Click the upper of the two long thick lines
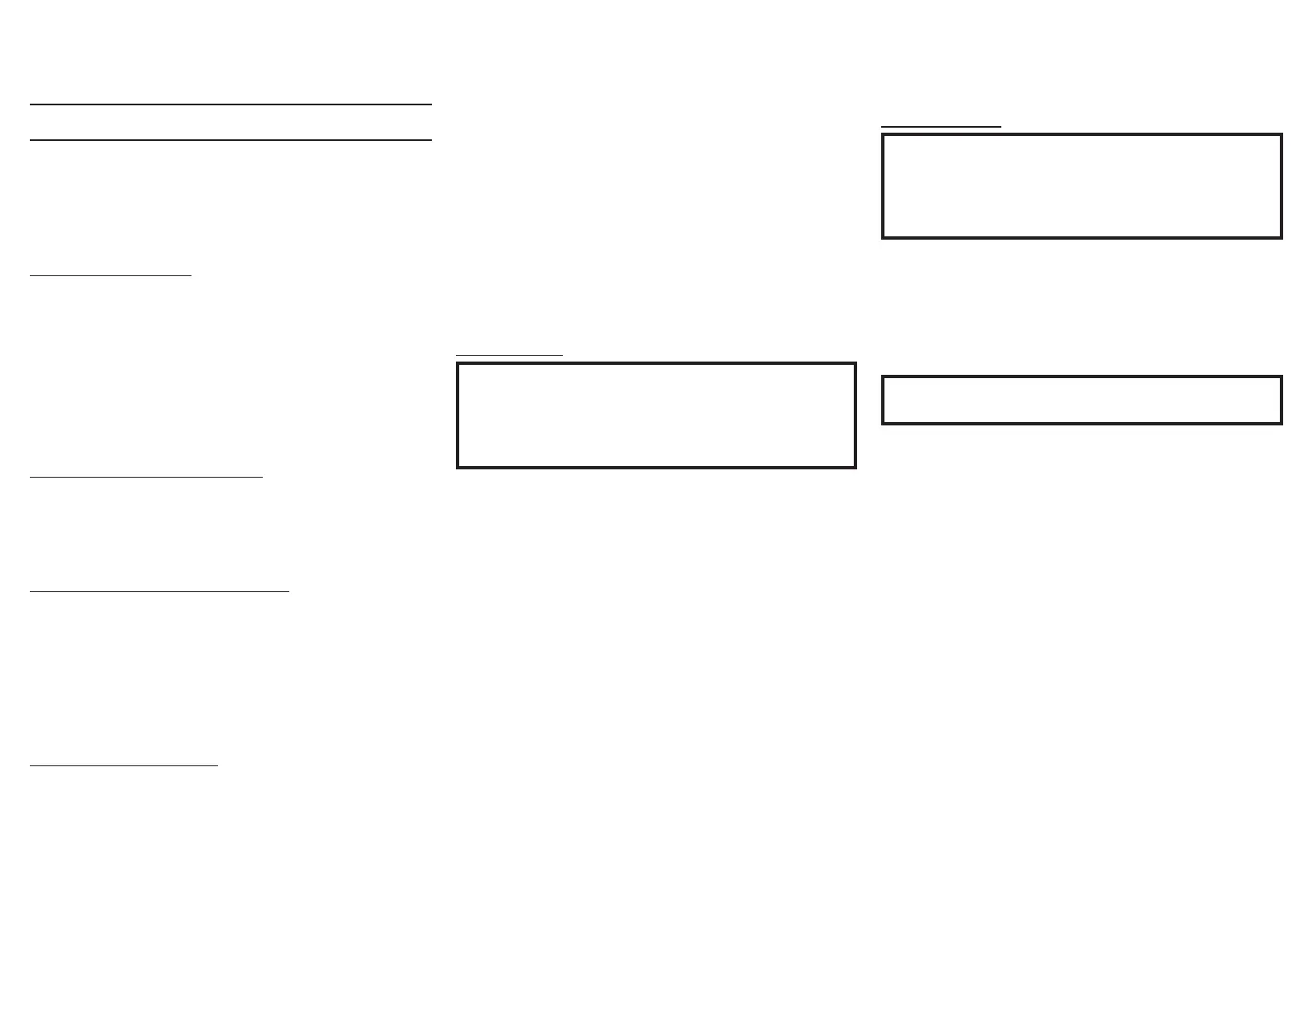point(230,104)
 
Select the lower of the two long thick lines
point(230,140)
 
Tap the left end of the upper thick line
point(31,104)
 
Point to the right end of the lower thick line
point(431,140)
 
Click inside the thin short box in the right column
point(1082,400)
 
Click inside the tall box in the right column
point(1082,186)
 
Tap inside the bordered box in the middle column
point(656,415)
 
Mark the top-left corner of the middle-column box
point(458,363)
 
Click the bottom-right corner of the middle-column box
point(855,467)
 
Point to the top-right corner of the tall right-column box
point(1281,135)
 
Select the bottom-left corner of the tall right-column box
point(884,237)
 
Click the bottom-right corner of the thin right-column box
point(1281,423)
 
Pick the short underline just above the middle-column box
point(509,355)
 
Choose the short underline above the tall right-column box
point(941,127)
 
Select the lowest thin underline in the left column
point(124,765)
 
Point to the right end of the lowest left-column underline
point(217,765)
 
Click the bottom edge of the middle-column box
point(656,467)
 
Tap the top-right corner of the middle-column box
point(855,363)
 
